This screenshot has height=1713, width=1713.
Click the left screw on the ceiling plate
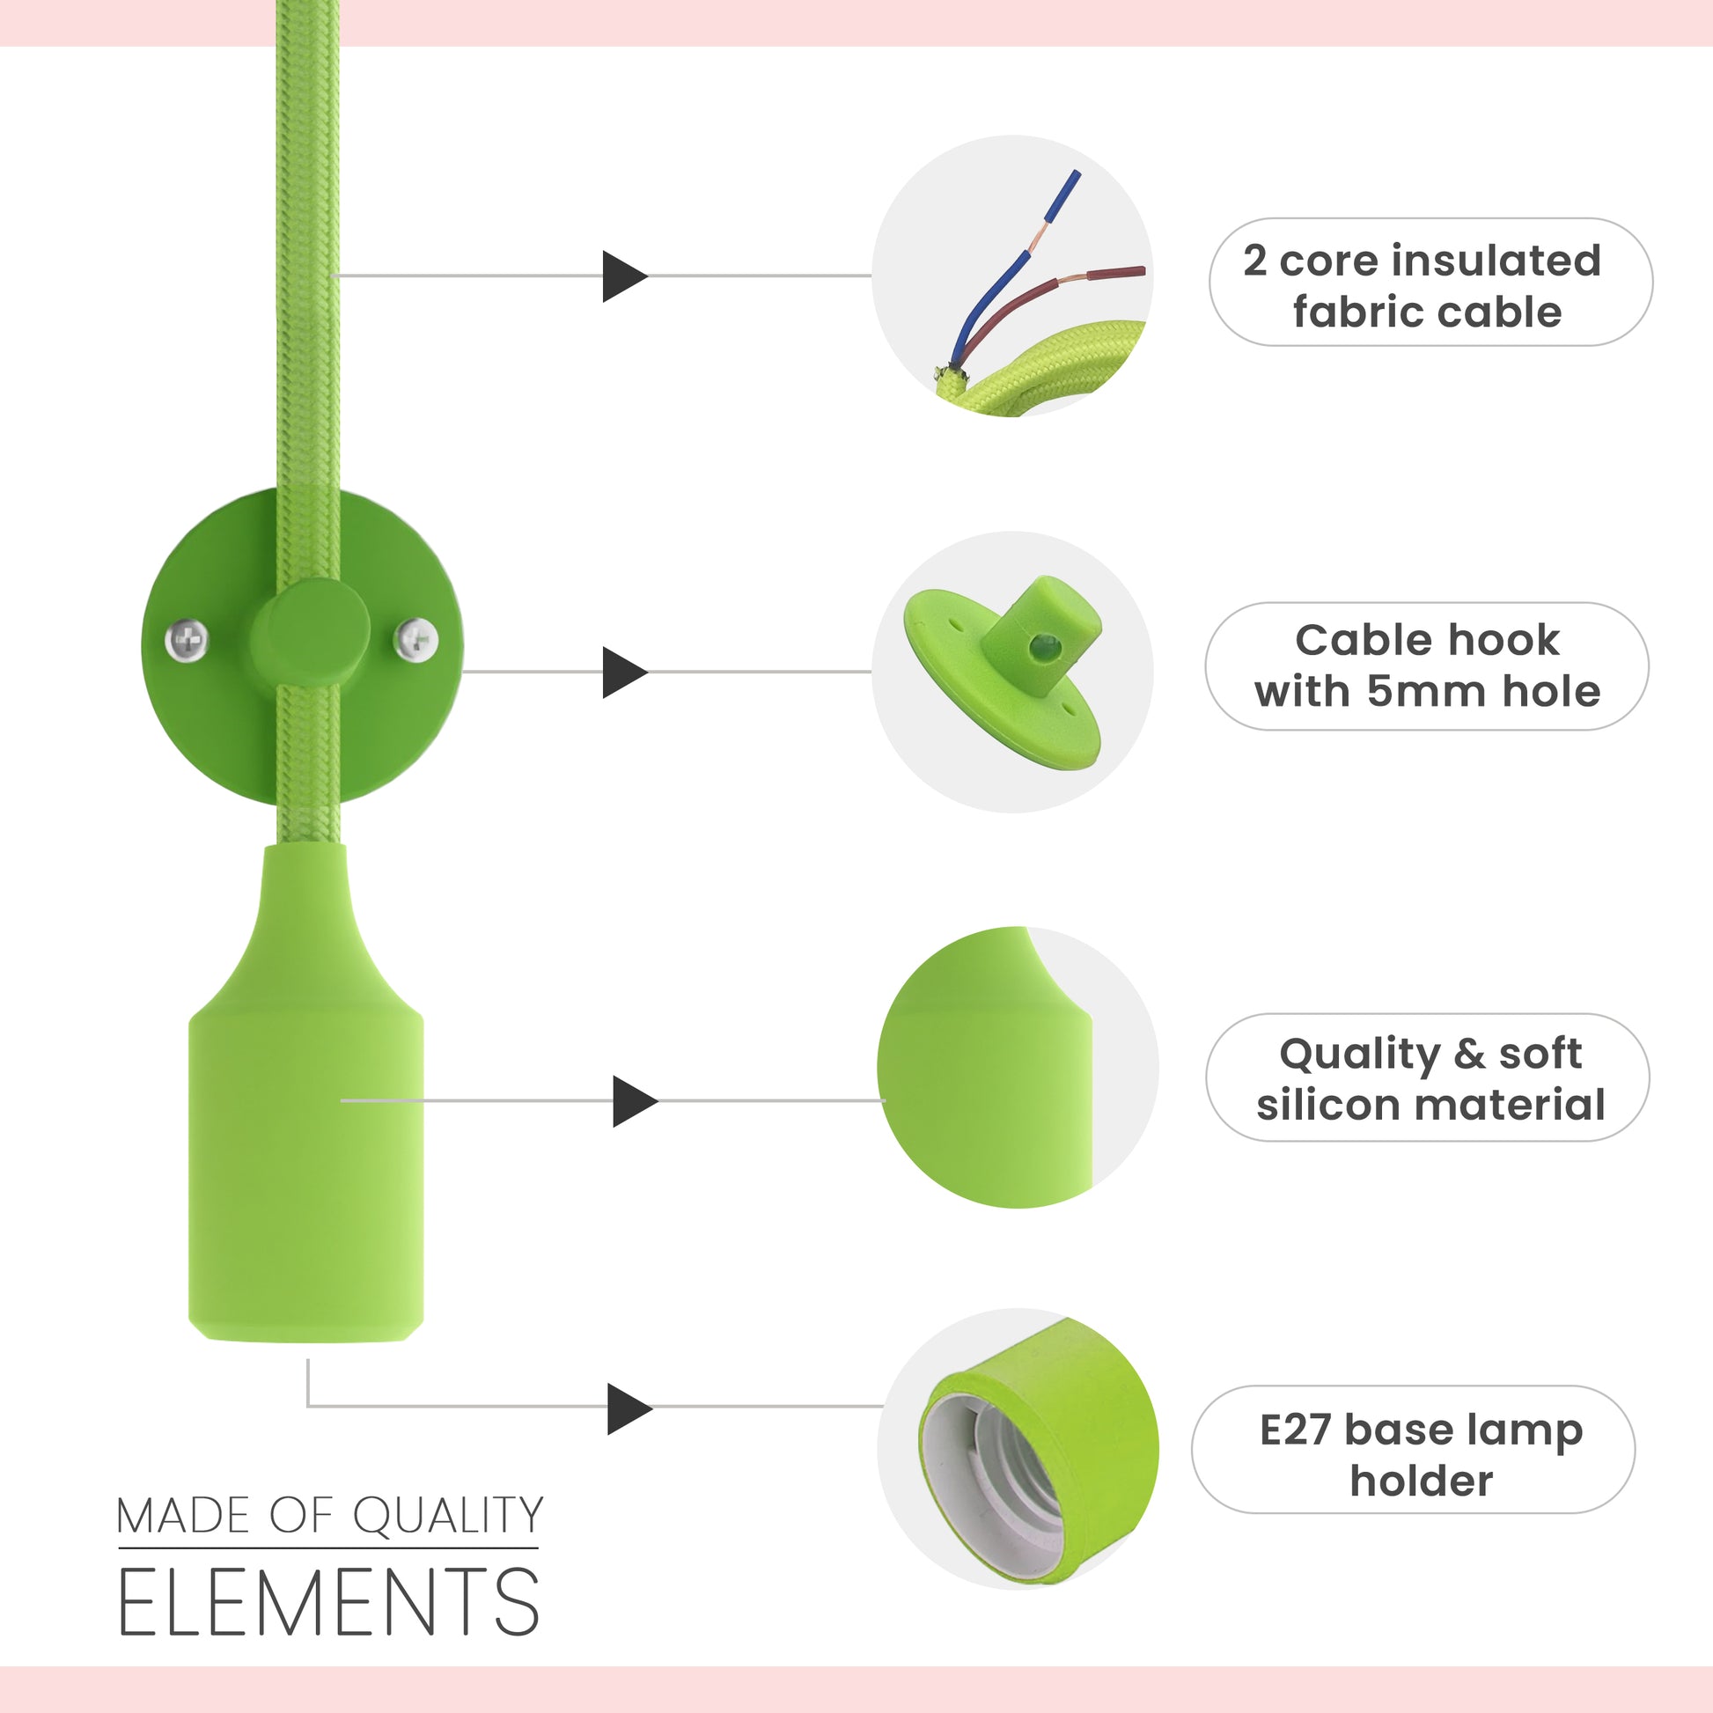[187, 639]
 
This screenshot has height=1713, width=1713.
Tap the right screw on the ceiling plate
[415, 639]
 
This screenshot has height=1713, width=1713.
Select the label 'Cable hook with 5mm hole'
[1427, 665]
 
